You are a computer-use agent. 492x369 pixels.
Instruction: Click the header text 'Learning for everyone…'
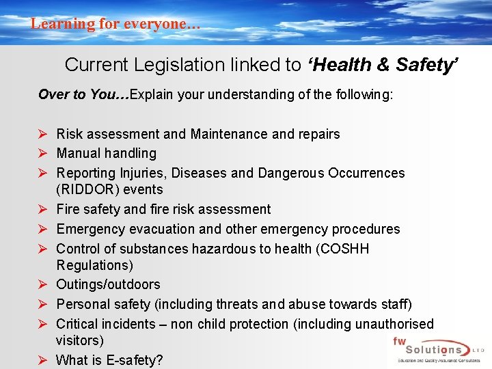(x=115, y=24)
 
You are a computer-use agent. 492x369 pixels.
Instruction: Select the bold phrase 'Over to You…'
(x=83, y=94)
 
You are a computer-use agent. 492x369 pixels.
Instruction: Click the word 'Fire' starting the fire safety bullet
(x=68, y=209)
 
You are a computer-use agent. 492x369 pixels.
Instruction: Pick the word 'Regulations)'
(x=95, y=265)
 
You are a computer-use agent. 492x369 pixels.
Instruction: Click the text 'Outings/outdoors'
(x=108, y=284)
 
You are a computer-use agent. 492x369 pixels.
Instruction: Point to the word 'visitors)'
(x=80, y=340)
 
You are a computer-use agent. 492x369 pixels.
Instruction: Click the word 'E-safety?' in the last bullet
(x=134, y=360)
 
